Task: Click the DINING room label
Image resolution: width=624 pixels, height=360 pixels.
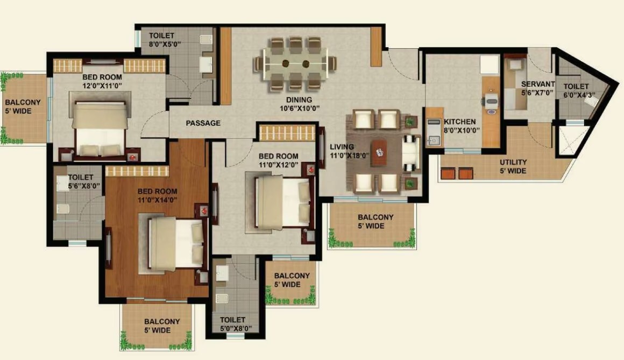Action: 299,104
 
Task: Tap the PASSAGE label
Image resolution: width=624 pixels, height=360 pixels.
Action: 203,123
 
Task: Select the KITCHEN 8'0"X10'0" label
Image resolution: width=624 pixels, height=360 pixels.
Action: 462,126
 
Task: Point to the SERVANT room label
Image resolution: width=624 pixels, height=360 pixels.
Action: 537,88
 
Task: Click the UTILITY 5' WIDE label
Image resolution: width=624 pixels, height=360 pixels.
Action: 513,166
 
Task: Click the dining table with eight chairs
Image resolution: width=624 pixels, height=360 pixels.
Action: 295,63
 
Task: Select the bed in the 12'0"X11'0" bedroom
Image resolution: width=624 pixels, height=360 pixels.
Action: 100,129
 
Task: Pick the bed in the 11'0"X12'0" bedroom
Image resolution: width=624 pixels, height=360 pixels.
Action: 282,202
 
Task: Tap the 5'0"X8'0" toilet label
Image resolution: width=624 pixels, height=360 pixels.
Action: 236,324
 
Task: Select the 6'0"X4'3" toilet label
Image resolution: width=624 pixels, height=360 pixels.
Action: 579,90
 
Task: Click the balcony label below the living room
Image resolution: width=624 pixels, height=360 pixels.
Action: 375,221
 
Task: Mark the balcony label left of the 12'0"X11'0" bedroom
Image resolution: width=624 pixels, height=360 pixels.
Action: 23,107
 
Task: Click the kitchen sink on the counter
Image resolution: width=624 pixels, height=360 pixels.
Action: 434,140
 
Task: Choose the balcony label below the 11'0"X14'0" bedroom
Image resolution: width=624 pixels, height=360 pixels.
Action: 161,326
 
